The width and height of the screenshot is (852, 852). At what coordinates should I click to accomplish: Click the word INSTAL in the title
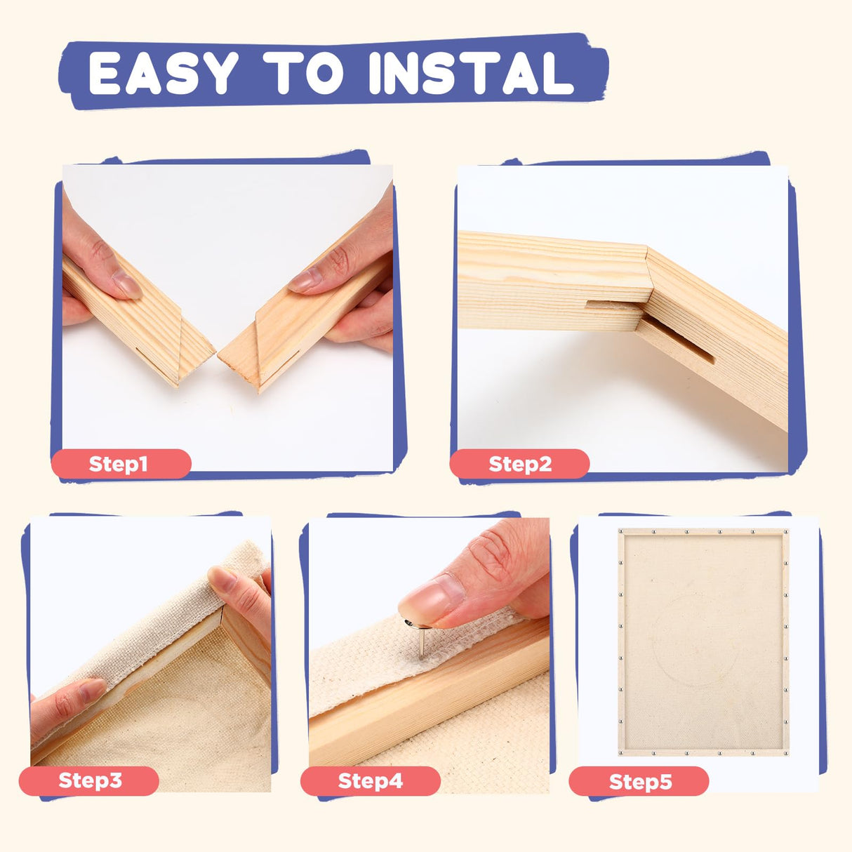[471, 73]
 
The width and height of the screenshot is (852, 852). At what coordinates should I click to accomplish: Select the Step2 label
[519, 464]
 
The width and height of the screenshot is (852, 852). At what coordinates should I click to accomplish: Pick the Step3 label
[89, 780]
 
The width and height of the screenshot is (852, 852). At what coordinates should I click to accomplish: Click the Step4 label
[370, 781]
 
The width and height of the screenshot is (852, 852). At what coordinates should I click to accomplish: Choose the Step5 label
[639, 781]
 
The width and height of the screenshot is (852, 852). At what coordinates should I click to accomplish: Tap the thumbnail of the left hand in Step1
[126, 284]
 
